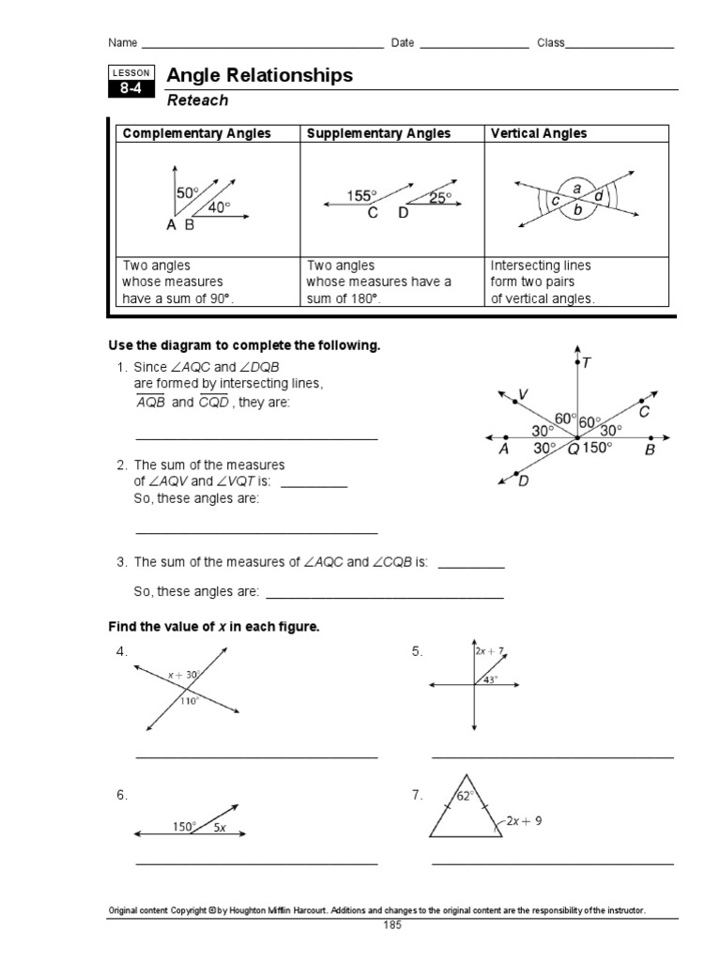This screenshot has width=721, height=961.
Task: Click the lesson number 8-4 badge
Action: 129,90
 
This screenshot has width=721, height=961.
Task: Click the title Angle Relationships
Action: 259,76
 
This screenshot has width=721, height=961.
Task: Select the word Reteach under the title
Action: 197,100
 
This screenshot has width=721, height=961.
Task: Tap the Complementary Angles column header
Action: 195,133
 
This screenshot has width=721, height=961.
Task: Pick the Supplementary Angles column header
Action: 378,133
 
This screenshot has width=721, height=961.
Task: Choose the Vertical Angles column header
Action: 539,133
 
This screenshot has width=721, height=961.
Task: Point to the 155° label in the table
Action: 361,196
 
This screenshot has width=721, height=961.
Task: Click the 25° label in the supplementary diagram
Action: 439,198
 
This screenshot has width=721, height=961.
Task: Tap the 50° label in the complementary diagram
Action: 188,192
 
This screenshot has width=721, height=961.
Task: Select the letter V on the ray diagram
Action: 523,395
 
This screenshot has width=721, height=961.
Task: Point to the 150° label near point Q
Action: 596,449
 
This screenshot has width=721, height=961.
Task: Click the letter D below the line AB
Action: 524,481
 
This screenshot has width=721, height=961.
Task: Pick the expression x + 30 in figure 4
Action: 183,675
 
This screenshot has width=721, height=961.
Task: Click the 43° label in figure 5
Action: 491,679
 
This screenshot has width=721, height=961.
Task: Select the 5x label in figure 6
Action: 219,827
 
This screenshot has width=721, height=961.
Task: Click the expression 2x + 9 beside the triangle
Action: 524,820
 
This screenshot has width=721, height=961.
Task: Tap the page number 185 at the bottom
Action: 392,925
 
